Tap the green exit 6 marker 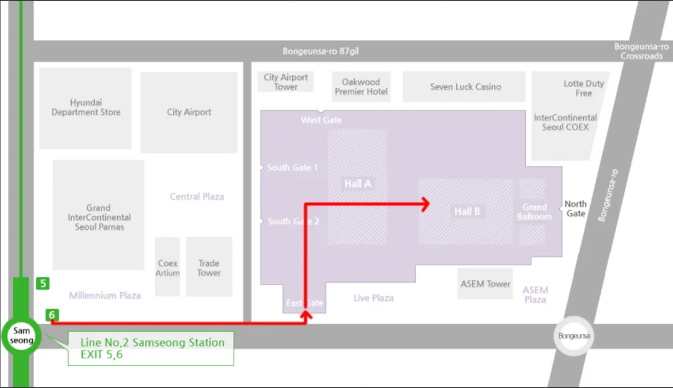click(52, 316)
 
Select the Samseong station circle click(21, 336)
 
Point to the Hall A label click(358, 184)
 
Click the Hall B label click(467, 212)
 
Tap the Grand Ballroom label click(534, 212)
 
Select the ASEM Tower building click(485, 284)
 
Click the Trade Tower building click(209, 267)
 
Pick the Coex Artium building click(168, 267)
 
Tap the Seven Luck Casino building click(465, 87)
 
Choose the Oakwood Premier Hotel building click(361, 87)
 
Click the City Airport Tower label click(285, 82)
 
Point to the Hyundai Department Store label click(86, 107)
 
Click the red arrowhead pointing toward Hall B click(426, 204)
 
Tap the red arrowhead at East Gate click(305, 316)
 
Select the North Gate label click(575, 209)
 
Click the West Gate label click(321, 120)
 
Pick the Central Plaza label click(197, 197)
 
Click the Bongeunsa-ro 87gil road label click(320, 52)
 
